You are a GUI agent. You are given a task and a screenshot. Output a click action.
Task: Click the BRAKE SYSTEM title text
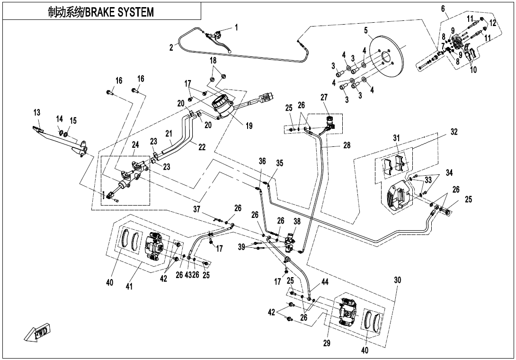(x=101, y=12)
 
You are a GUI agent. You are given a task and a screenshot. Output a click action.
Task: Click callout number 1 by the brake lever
(x=237, y=27)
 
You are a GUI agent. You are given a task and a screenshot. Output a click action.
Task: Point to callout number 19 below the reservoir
(x=249, y=126)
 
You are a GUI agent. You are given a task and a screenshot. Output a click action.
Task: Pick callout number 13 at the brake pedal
(x=37, y=113)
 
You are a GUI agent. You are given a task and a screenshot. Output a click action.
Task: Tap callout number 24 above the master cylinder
(x=135, y=145)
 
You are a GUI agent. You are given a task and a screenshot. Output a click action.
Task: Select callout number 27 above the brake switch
(x=324, y=98)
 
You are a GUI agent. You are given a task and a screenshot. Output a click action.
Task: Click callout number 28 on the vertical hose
(x=347, y=145)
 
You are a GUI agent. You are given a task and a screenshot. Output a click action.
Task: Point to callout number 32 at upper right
(x=454, y=132)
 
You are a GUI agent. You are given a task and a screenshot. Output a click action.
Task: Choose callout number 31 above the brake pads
(x=397, y=138)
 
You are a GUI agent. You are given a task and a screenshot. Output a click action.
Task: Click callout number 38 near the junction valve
(x=297, y=221)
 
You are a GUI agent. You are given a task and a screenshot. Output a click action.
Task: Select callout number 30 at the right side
(x=397, y=280)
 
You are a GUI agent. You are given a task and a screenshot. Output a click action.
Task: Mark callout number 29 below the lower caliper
(x=326, y=343)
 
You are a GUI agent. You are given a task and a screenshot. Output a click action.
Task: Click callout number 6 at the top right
(x=443, y=8)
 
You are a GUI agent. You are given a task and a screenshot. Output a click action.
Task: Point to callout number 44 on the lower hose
(x=324, y=282)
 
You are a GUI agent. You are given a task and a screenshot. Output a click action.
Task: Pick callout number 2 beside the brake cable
(x=171, y=47)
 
